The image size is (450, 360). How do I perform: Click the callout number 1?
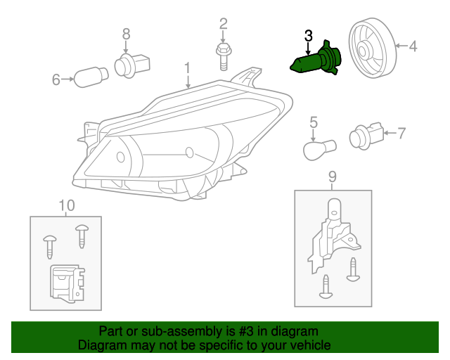click(188, 68)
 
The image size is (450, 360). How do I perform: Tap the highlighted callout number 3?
click(308, 35)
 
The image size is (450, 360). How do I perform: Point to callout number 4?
click(413, 47)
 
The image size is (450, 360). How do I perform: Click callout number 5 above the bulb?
click(314, 122)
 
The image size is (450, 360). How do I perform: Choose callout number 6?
click(56, 79)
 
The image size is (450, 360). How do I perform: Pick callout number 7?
click(401, 131)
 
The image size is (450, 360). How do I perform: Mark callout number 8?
click(127, 33)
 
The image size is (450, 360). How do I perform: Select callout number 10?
click(66, 205)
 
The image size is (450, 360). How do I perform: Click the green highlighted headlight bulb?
click(316, 59)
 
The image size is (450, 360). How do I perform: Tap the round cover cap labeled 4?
click(370, 49)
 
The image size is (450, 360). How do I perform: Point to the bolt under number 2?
click(223, 55)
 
